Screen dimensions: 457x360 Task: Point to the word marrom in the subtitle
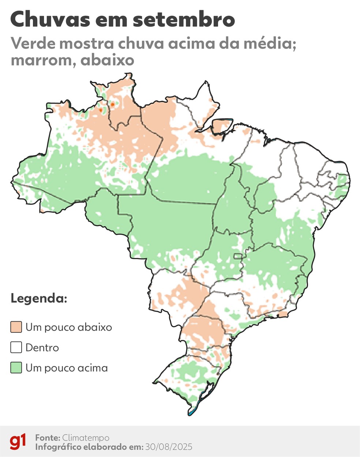point(43,60)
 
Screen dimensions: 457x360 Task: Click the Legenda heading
point(39,298)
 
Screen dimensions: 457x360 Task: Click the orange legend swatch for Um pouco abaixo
point(16,327)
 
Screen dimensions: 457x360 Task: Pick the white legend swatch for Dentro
point(16,347)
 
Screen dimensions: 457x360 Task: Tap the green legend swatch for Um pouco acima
point(16,368)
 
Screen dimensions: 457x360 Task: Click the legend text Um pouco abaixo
point(69,327)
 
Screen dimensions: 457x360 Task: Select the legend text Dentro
point(42,347)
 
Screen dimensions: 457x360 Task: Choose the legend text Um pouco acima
point(67,368)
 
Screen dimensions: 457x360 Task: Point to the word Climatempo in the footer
point(86,438)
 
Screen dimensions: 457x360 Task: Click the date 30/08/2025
point(169,447)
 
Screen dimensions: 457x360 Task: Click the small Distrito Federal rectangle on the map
point(238,256)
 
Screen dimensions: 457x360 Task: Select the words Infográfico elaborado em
point(89,447)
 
